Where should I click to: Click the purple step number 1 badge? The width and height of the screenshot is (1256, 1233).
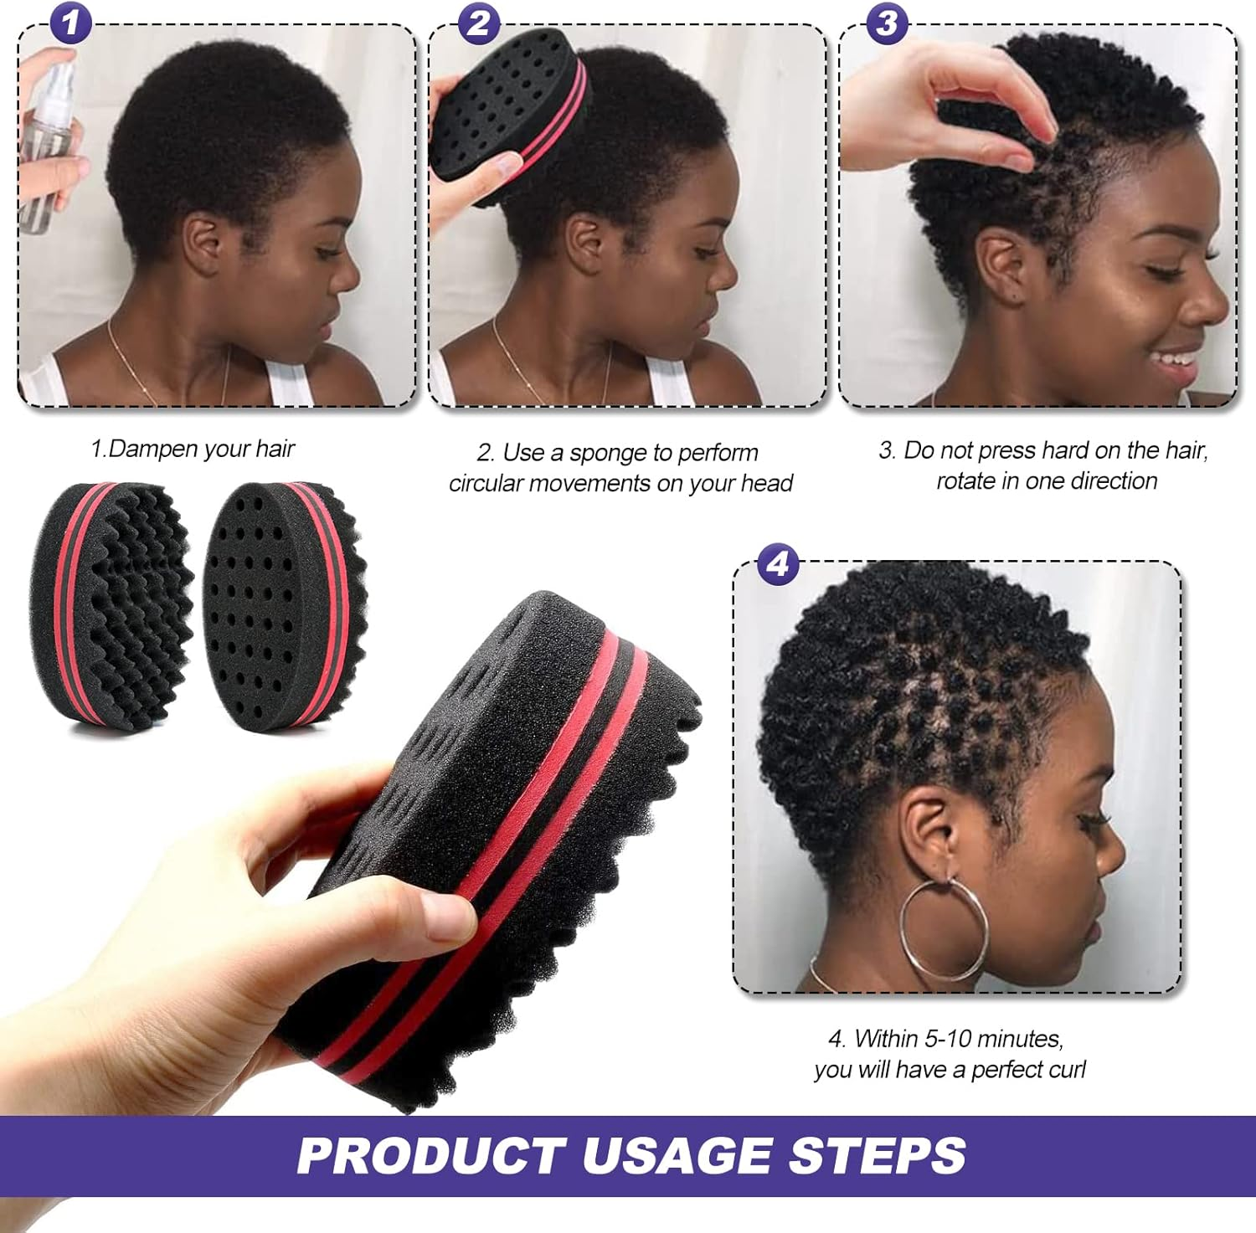(x=70, y=23)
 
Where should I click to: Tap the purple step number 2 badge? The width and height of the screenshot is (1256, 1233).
(x=478, y=23)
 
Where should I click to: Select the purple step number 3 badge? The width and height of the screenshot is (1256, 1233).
(x=887, y=23)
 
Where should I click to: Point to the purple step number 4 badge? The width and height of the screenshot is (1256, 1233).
(x=778, y=564)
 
